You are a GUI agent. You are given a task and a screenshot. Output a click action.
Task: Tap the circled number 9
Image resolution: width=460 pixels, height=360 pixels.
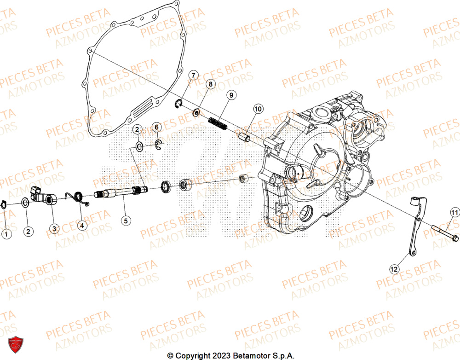tap(231, 95)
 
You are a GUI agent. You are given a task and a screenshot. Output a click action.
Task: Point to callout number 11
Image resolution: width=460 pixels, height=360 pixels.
tap(454, 212)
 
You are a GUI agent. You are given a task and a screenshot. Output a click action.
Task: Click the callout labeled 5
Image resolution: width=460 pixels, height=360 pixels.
tap(125, 221)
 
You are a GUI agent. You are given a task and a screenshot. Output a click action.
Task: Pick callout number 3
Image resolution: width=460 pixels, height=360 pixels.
tap(54, 228)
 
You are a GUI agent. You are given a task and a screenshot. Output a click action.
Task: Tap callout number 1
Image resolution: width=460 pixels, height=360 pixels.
tap(6, 234)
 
